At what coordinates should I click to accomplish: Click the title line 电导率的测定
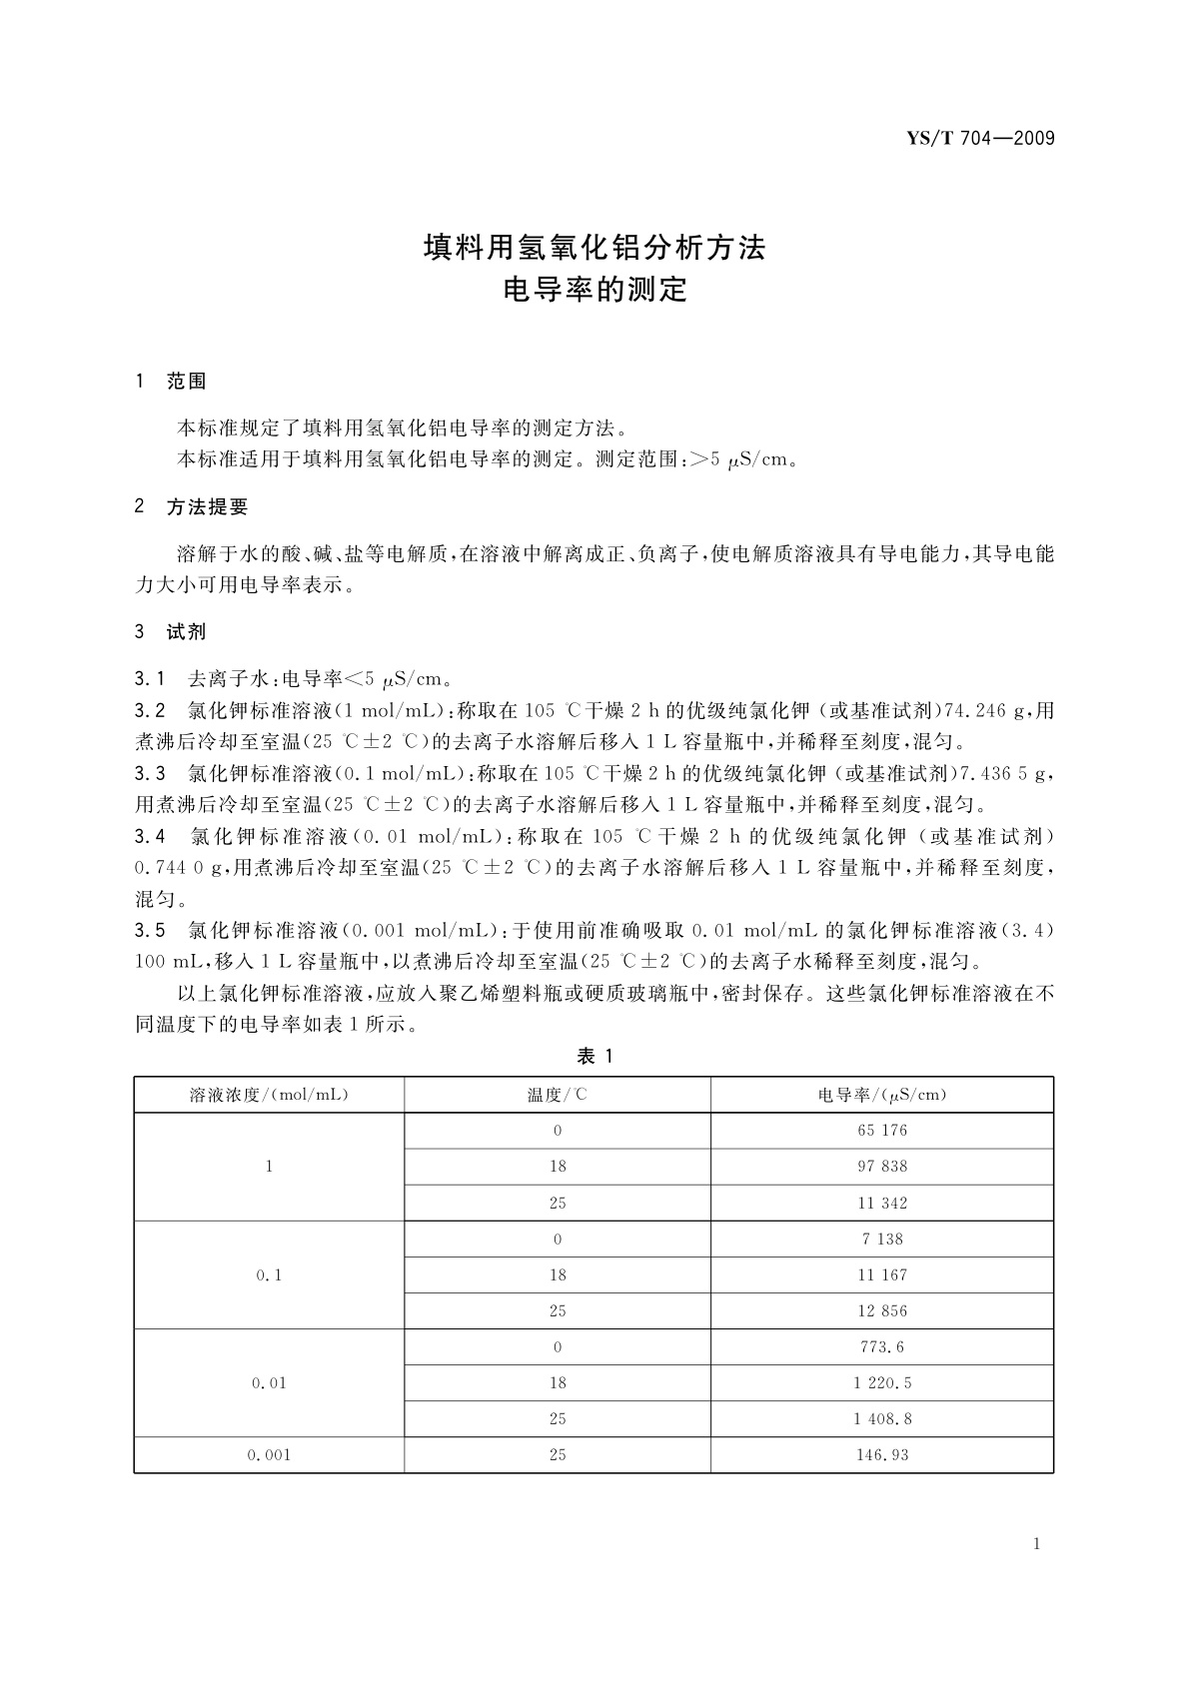point(595,291)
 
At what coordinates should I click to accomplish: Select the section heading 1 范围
point(171,382)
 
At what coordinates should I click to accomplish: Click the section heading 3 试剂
point(171,631)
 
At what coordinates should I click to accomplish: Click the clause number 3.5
point(150,930)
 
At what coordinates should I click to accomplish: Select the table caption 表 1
point(595,1057)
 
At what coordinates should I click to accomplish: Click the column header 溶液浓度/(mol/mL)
point(269,1095)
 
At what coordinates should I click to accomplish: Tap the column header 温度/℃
point(558,1095)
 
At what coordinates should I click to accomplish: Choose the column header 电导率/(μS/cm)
point(881,1095)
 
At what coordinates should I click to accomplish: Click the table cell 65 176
point(881,1131)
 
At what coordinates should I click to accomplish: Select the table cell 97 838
point(881,1167)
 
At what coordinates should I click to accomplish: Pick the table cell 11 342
point(881,1203)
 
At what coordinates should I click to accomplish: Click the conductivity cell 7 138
point(881,1239)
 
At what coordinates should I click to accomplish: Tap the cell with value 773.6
point(881,1346)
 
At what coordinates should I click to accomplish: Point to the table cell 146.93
point(881,1454)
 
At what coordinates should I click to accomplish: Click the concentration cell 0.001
point(269,1454)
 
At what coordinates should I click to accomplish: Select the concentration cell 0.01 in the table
point(269,1382)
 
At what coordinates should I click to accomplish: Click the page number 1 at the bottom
point(1036,1544)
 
